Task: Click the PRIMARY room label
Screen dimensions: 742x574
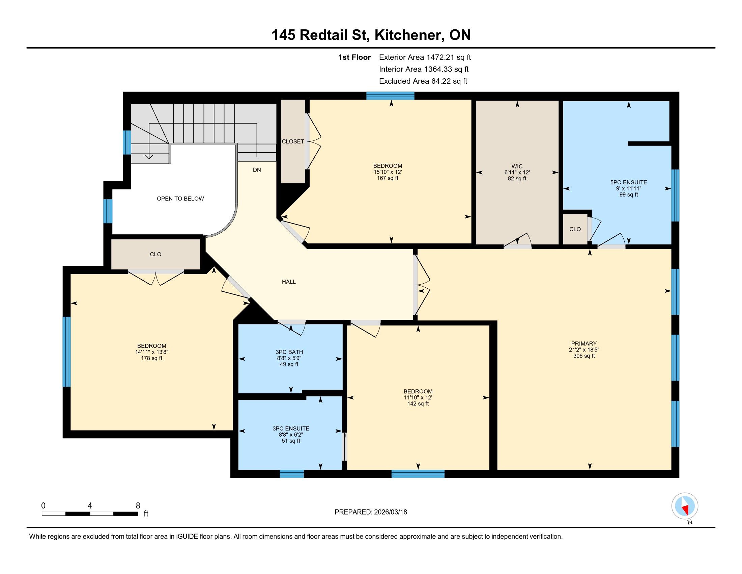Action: click(x=584, y=343)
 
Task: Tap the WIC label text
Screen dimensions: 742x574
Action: click(x=517, y=166)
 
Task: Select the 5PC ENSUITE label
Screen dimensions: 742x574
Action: click(x=629, y=182)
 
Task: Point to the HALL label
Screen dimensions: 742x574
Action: click(x=289, y=282)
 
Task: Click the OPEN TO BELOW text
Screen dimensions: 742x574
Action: click(x=180, y=199)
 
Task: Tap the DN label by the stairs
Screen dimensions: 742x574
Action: click(x=257, y=170)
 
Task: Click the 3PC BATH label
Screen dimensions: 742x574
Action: click(x=289, y=352)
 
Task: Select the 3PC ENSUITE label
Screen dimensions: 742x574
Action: click(x=291, y=428)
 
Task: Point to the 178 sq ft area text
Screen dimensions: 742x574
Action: click(x=151, y=358)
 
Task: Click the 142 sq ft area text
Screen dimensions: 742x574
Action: click(x=418, y=403)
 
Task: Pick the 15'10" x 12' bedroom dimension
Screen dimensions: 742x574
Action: click(x=388, y=172)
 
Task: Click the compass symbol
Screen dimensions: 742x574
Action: click(x=685, y=506)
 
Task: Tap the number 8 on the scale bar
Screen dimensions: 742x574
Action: click(x=138, y=506)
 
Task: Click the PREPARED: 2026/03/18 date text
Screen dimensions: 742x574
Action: click(x=371, y=512)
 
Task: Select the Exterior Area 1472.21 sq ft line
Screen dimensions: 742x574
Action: click(x=425, y=57)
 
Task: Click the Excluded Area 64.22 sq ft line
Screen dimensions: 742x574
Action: click(x=423, y=81)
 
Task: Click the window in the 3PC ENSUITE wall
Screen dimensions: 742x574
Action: click(x=292, y=474)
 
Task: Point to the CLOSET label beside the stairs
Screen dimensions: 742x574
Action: click(x=293, y=141)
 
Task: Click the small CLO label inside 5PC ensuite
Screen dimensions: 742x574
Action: click(x=575, y=229)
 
